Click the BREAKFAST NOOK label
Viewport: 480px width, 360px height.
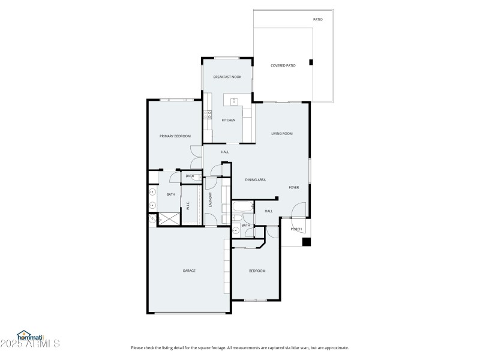tap(227, 77)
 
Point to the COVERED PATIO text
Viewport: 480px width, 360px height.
tap(283, 65)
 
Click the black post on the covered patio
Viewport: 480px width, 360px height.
tap(310, 62)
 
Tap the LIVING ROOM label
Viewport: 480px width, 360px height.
tap(281, 133)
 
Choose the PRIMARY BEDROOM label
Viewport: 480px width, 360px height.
tap(175, 136)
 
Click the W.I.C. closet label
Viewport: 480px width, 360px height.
tap(188, 206)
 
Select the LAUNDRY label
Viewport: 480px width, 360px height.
tap(210, 200)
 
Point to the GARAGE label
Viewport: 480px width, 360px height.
tap(189, 271)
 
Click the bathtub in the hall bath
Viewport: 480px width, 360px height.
tap(243, 209)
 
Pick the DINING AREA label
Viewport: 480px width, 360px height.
tap(256, 179)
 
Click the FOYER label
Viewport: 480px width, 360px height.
tap(294, 187)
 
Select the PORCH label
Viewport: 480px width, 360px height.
tap(296, 229)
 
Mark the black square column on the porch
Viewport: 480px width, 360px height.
tap(306, 242)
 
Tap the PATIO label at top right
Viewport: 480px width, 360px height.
tap(318, 20)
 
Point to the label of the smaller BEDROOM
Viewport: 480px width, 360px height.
tap(257, 271)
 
